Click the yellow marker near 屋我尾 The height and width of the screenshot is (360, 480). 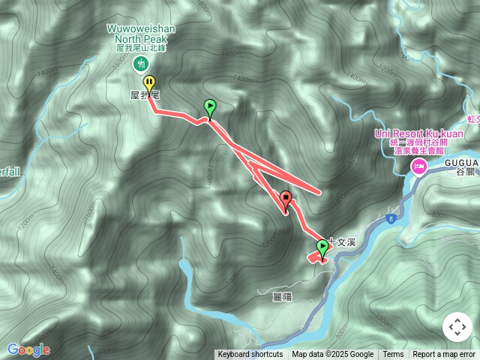tap(150, 84)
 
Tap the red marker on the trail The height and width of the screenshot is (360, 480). tap(286, 199)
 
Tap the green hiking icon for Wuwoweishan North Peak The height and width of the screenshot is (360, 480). tap(139, 64)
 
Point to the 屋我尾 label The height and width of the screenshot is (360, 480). tap(145, 96)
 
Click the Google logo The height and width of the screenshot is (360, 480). tap(28, 349)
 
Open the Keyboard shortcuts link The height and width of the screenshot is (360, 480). tap(250, 355)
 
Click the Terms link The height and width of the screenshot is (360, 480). tap(393, 355)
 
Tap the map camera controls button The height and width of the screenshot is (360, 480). tap(456, 327)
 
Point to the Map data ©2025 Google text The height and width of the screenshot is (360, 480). tap(333, 355)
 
